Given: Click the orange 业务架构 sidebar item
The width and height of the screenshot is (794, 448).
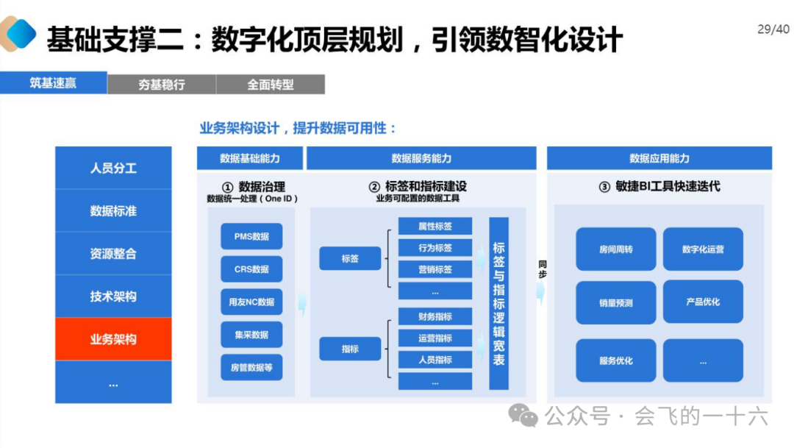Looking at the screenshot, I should pyautogui.click(x=113, y=339).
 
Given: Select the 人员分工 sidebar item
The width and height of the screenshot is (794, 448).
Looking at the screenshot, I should pyautogui.click(x=113, y=168).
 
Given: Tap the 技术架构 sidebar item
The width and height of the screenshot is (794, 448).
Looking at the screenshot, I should pyautogui.click(x=113, y=296).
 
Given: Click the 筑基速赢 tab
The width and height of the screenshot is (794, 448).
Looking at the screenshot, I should pyautogui.click(x=53, y=82).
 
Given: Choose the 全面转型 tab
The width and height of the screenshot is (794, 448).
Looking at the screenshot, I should pyautogui.click(x=271, y=85).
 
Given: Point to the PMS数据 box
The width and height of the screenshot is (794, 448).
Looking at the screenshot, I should pyautogui.click(x=251, y=236).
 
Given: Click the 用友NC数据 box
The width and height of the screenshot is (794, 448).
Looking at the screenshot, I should pyautogui.click(x=251, y=302).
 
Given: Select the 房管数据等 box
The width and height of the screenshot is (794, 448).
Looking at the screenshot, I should pyautogui.click(x=251, y=367).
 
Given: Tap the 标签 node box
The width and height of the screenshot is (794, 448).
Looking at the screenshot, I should pyautogui.click(x=350, y=259).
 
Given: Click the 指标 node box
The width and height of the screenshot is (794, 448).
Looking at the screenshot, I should pyautogui.click(x=350, y=349).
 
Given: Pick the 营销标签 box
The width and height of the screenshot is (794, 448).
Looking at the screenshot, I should pyautogui.click(x=435, y=269).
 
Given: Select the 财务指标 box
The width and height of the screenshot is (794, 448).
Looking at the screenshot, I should pyautogui.click(x=435, y=316).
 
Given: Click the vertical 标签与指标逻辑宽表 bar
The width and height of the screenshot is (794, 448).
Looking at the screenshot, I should pyautogui.click(x=498, y=303).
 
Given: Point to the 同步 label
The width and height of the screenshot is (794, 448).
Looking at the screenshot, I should pyautogui.click(x=543, y=269).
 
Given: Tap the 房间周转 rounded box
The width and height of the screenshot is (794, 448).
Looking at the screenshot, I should pyautogui.click(x=616, y=249).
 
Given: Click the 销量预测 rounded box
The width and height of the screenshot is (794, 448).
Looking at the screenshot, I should pyautogui.click(x=616, y=302).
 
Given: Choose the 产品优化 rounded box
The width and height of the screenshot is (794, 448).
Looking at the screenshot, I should pyautogui.click(x=703, y=302).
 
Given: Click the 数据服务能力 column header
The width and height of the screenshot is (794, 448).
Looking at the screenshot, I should pyautogui.click(x=421, y=158).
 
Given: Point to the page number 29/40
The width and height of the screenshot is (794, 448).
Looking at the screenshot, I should pyautogui.click(x=773, y=29).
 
